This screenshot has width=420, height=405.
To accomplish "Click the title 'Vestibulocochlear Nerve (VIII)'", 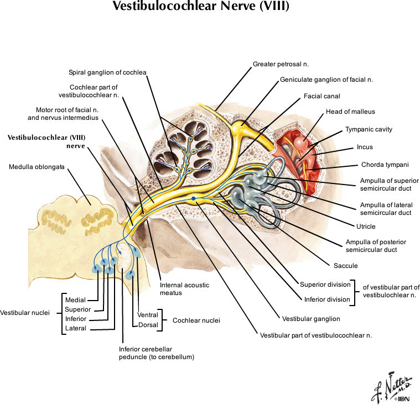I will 200,7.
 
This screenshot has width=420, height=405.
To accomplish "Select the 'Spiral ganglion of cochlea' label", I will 107,72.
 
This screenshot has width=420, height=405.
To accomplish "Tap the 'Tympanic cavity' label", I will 369,129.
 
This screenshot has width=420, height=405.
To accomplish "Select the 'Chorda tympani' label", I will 385,165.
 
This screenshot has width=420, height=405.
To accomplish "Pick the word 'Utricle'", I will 366,227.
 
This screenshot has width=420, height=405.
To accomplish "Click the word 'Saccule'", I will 345,266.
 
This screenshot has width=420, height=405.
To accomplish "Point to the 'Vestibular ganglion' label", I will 311,319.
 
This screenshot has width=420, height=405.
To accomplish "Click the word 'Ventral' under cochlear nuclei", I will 147,315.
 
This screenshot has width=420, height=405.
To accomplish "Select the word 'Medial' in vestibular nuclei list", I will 75,300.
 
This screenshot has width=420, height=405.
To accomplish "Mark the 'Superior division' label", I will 325,285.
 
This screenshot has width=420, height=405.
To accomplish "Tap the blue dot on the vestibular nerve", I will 193,198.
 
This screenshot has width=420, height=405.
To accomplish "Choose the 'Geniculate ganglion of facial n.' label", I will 326,80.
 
